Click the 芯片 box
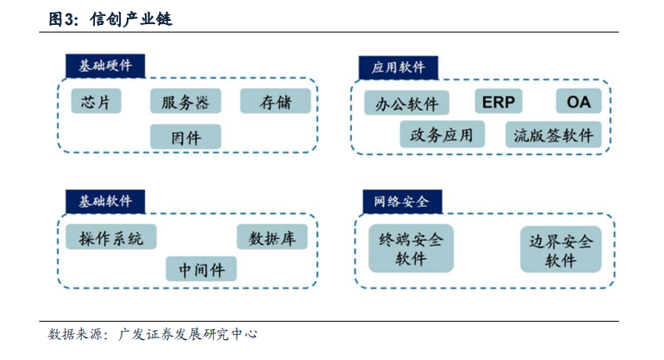click(x=96, y=101)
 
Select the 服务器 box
click(x=186, y=101)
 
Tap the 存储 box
click(x=275, y=101)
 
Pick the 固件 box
click(x=186, y=137)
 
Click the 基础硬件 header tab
click(x=106, y=66)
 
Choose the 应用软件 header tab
click(x=398, y=67)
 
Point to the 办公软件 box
click(x=407, y=102)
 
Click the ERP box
click(x=498, y=101)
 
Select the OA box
click(x=578, y=101)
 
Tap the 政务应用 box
click(x=442, y=135)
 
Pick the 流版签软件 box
click(x=553, y=135)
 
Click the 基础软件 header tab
click(x=106, y=201)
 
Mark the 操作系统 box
click(x=111, y=237)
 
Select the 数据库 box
click(x=272, y=237)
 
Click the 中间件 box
click(x=201, y=268)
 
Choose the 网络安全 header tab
click(x=402, y=201)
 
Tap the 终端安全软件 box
click(x=412, y=248)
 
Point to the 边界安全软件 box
click(x=561, y=249)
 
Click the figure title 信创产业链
click(x=132, y=19)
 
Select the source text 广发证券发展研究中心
click(x=187, y=334)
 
